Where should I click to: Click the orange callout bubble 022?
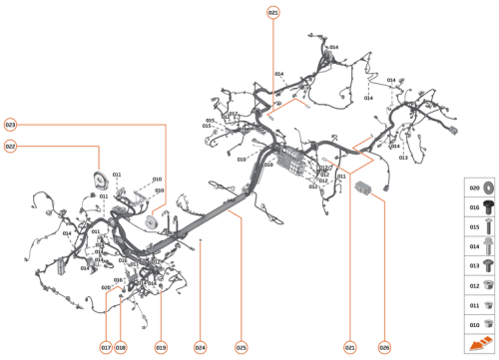tap(11, 147)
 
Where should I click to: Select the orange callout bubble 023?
tap(11, 125)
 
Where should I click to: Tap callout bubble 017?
tap(105, 347)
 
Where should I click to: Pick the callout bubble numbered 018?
tap(121, 347)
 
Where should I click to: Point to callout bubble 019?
tap(161, 347)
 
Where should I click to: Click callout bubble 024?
tap(201, 347)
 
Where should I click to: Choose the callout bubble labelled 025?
tap(241, 347)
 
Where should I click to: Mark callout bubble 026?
tap(384, 347)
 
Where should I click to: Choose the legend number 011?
tap(474, 304)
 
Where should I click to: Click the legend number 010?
tap(474, 323)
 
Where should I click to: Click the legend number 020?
tap(474, 187)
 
